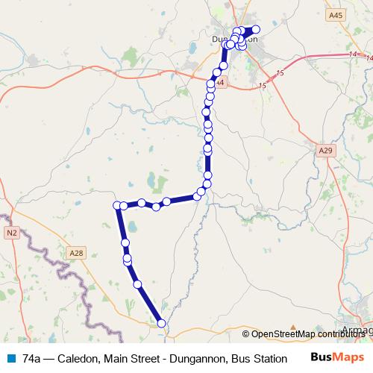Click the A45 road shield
(336, 15)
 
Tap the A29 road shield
(324, 151)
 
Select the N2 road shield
(10, 233)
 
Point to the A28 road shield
(77, 253)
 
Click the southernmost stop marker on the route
(162, 322)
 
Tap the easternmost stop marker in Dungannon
(255, 30)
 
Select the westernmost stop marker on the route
(117, 205)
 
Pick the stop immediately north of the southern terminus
(137, 284)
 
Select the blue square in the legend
(11, 358)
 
